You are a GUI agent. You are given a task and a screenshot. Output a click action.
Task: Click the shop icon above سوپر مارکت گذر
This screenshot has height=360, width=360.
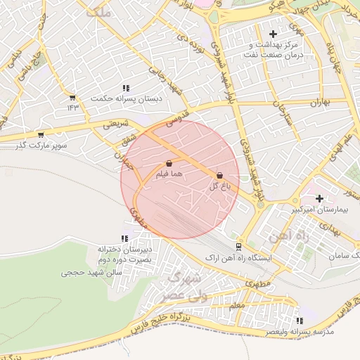point(41,134)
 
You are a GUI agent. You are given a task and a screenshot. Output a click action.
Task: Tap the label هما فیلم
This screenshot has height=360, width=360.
point(172,173)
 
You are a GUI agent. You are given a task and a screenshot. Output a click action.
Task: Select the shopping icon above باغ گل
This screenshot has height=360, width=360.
point(219,175)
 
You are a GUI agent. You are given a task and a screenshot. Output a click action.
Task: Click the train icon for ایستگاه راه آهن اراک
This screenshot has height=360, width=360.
point(239,246)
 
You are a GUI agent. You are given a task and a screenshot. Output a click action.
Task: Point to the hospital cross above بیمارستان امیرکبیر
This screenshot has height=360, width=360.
point(320,198)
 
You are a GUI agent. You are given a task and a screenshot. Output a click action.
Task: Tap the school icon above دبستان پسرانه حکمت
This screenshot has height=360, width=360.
point(125,88)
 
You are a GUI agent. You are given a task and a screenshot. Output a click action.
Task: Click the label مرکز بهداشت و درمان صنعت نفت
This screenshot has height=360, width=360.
point(273,49)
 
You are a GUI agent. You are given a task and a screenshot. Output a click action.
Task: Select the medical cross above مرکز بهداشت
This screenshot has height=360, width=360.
point(273,34)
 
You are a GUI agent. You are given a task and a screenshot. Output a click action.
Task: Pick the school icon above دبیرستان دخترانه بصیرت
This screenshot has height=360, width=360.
point(124,239)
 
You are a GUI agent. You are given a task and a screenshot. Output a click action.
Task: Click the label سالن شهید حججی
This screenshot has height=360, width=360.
point(91,271)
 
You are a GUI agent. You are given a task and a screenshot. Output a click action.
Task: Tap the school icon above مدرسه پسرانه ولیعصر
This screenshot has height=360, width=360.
point(300,321)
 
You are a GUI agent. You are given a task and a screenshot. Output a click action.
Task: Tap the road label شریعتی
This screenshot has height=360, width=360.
point(117,123)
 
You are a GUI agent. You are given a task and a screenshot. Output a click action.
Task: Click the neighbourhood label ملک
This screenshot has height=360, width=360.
point(95,12)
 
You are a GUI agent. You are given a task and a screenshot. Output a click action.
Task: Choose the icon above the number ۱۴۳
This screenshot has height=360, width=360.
point(72,98)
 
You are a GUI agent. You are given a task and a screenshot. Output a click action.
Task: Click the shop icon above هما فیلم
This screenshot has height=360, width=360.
point(169,163)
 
